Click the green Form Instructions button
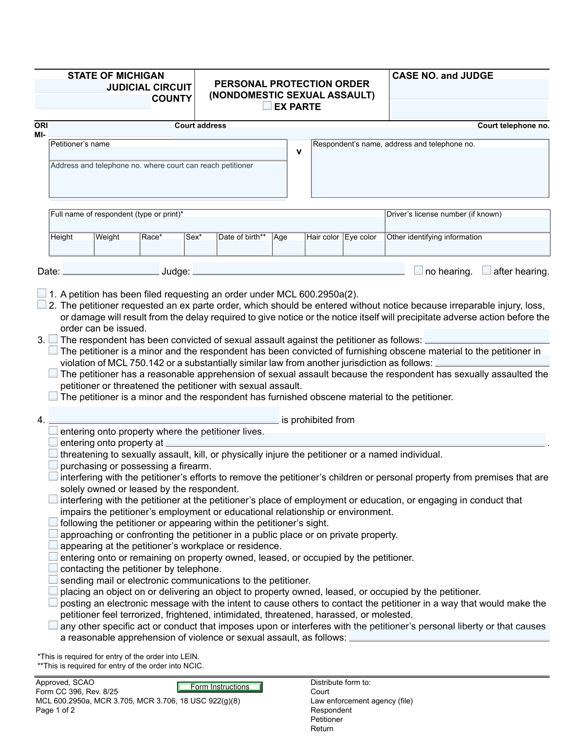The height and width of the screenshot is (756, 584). click(x=220, y=687)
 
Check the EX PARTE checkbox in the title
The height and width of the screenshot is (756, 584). click(x=267, y=106)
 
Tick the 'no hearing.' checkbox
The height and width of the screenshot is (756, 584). click(x=419, y=271)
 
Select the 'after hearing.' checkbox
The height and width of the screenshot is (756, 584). click(x=487, y=271)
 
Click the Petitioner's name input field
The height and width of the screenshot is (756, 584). click(x=168, y=154)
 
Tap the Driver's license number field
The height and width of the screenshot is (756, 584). click(x=467, y=225)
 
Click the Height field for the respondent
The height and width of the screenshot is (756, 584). click(x=72, y=248)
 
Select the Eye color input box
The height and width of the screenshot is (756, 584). click(x=364, y=248)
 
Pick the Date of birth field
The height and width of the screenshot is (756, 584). click(x=244, y=248)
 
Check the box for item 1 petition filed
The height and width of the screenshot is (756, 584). click(x=42, y=294)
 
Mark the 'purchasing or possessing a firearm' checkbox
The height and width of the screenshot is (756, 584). click(x=53, y=465)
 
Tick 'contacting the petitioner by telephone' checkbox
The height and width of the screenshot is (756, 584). click(x=53, y=568)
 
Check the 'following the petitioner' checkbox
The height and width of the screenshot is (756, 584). click(x=53, y=522)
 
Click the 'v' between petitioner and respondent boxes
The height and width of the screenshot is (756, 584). click(x=299, y=152)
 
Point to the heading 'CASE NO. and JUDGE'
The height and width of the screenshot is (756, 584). click(x=442, y=75)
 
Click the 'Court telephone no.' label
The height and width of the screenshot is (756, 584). click(x=513, y=126)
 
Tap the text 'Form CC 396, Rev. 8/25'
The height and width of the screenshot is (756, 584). click(x=77, y=692)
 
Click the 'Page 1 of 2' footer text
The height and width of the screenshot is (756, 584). click(x=55, y=710)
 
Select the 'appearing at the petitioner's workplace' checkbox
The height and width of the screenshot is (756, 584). click(x=53, y=545)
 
